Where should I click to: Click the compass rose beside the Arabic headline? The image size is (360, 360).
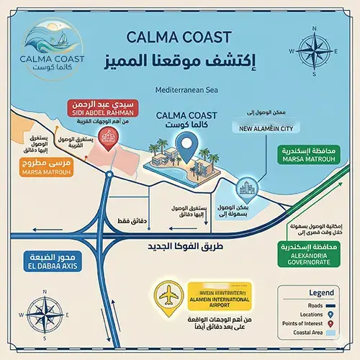click(x=315, y=50)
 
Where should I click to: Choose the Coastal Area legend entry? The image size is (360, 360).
click(x=307, y=334)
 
